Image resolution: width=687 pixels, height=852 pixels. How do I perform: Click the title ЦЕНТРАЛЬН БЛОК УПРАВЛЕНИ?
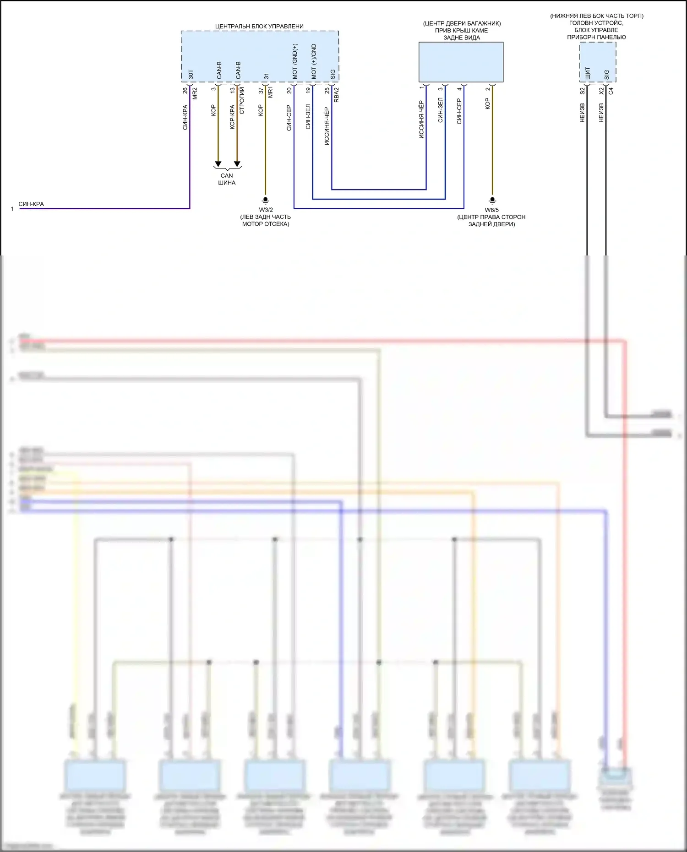[259, 27]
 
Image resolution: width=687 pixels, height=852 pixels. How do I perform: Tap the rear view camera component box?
[461, 62]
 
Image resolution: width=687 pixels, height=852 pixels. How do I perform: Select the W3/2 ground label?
[266, 210]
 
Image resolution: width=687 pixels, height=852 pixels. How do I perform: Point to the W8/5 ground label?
[492, 210]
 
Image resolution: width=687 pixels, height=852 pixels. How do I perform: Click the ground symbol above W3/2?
[265, 200]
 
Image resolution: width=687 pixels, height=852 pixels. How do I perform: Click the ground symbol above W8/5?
[492, 200]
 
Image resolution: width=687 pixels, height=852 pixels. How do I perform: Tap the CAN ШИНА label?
[227, 179]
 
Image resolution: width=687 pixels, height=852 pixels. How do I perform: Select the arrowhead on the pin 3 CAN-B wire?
[218, 164]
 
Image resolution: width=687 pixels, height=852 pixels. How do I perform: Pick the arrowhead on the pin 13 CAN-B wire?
[237, 164]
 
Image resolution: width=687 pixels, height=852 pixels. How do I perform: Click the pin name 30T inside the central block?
[191, 74]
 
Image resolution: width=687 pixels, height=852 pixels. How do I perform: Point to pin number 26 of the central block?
[185, 91]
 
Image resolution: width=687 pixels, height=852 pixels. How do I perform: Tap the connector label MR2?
[195, 93]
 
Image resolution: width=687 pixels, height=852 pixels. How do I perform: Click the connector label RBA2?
[337, 94]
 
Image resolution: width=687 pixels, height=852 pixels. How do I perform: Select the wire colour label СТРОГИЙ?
[242, 100]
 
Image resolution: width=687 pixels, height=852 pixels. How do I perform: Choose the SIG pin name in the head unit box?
[606, 74]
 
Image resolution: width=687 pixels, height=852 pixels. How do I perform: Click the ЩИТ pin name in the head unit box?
[588, 73]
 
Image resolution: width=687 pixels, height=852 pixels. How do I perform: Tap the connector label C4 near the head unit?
[611, 91]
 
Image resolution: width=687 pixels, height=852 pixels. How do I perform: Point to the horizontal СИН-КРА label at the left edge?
[31, 204]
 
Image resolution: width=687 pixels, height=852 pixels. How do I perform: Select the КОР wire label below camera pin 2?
[487, 103]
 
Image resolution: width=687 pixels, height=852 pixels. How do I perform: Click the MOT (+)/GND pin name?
[314, 61]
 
